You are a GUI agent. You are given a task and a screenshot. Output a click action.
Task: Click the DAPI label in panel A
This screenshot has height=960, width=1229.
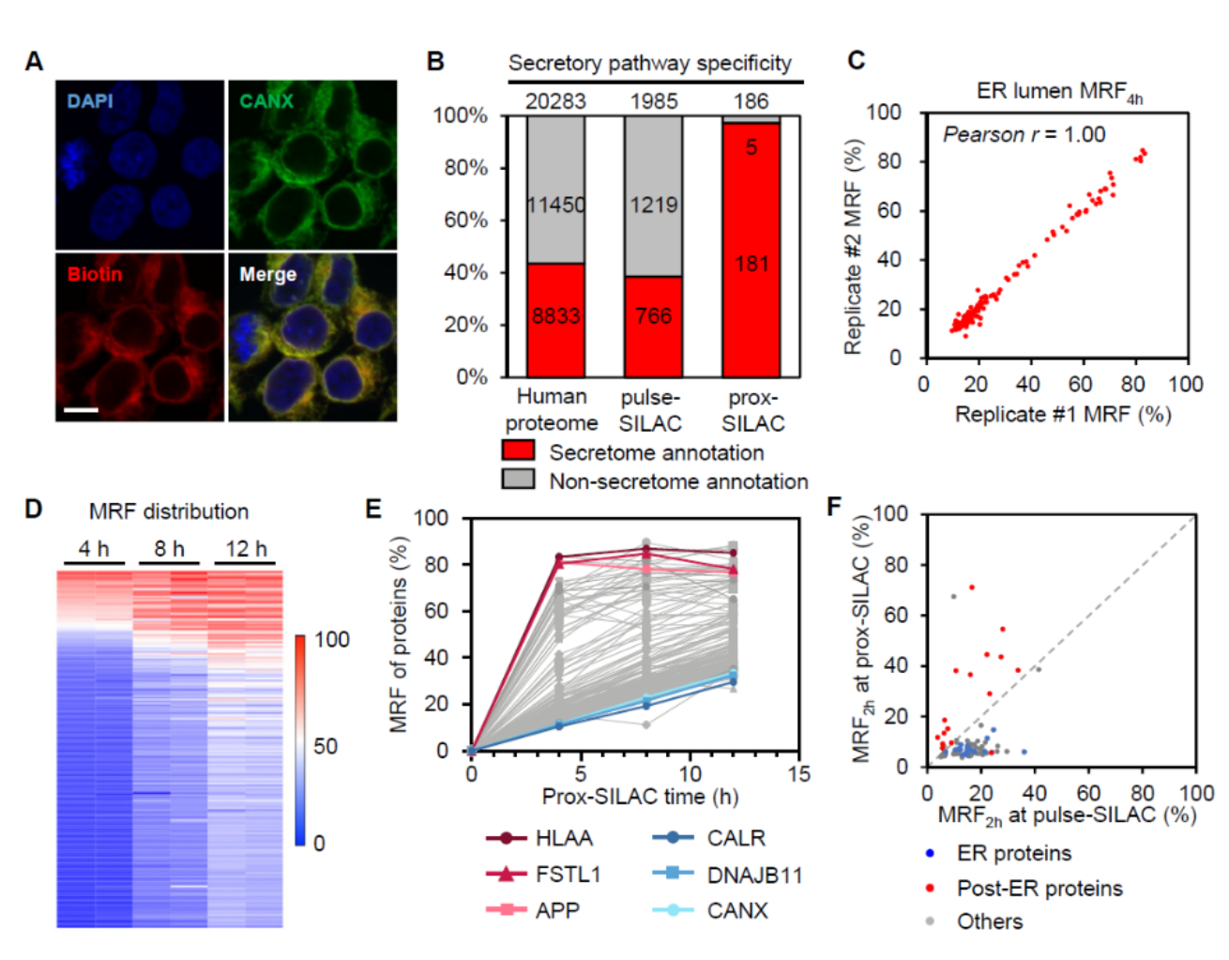90,100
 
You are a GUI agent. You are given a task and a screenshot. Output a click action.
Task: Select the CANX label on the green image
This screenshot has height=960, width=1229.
266,100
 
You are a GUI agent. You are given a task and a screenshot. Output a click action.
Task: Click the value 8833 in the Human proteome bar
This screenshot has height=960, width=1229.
555,316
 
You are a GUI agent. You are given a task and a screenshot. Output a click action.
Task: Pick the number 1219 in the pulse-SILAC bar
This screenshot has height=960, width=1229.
653,205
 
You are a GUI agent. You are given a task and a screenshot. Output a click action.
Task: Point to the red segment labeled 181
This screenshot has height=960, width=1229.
751,264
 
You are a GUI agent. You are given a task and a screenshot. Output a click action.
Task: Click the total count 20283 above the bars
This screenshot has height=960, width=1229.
555,100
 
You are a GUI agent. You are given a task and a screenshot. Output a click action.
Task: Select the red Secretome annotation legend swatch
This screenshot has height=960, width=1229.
519,451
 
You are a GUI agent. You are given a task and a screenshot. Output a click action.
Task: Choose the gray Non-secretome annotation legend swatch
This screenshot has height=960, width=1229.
519,480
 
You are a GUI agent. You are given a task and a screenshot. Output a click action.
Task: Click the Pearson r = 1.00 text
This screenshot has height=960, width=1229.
1024,134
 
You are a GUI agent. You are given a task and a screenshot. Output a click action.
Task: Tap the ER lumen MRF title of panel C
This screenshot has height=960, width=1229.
1058,91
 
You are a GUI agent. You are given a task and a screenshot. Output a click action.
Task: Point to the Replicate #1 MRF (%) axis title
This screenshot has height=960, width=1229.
1062,414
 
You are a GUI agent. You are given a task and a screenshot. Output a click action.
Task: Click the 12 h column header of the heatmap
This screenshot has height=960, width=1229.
247,549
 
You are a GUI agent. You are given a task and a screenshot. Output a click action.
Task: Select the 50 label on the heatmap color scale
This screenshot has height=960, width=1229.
326,746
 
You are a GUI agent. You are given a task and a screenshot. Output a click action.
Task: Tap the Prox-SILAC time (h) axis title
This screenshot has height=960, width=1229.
640,797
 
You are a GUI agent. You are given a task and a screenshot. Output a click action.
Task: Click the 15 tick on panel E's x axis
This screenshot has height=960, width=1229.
798,773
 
